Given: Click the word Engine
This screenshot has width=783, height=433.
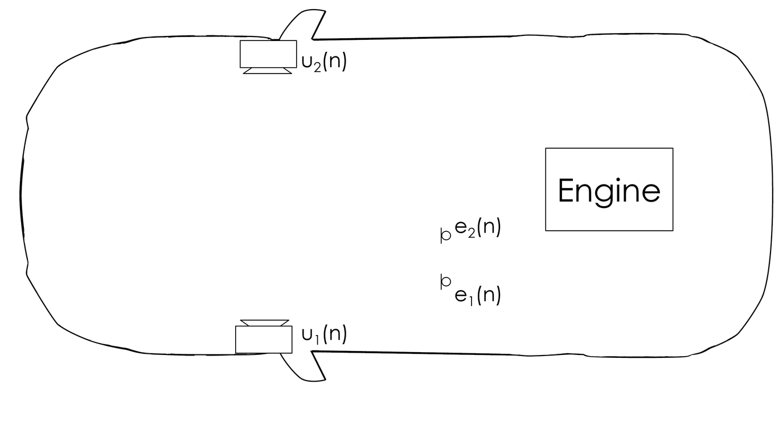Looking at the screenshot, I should pyautogui.click(x=609, y=191).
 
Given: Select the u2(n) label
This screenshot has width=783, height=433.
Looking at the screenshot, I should pyautogui.click(x=323, y=61).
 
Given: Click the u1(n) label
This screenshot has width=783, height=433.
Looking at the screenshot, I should pyautogui.click(x=323, y=334).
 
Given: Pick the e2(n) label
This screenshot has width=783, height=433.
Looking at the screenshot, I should pyautogui.click(x=477, y=228).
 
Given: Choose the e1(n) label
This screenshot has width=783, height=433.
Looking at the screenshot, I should pyautogui.click(x=477, y=295).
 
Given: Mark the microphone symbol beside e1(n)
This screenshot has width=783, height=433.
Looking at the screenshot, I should pyautogui.click(x=445, y=281).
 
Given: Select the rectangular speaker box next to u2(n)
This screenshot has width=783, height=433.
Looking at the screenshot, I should pyautogui.click(x=268, y=54).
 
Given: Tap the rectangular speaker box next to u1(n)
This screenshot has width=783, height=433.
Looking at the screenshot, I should pyautogui.click(x=264, y=340).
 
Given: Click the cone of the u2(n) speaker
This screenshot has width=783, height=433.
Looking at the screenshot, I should pyautogui.click(x=268, y=71).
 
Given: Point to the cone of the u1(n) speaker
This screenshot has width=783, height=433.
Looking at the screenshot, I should pyautogui.click(x=264, y=323).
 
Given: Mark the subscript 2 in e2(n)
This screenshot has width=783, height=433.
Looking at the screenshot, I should pyautogui.click(x=472, y=232).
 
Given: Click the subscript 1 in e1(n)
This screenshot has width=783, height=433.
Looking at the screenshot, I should pyautogui.click(x=472, y=300).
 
